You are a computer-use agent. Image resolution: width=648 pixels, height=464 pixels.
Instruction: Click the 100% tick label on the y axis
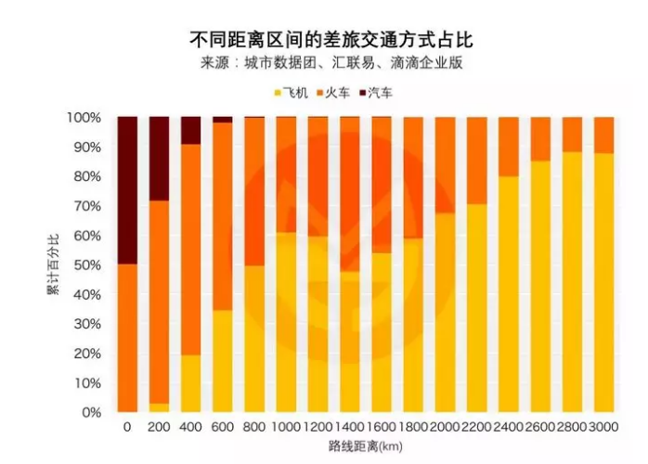click(83, 118)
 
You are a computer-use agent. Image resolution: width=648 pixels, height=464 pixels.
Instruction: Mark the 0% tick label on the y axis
click(89, 411)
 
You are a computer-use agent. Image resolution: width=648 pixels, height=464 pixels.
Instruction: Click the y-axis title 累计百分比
click(53, 264)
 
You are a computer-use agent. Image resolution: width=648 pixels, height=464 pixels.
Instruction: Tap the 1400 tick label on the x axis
click(349, 428)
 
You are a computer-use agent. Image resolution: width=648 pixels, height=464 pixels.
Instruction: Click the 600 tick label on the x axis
click(223, 428)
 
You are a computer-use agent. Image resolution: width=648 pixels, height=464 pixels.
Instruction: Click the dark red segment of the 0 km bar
click(127, 190)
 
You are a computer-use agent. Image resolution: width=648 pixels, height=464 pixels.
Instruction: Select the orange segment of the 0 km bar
click(127, 338)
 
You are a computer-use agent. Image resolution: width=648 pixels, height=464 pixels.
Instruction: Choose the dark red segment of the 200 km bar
click(160, 159)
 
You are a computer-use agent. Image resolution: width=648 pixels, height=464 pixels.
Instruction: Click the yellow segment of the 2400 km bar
click(508, 293)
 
